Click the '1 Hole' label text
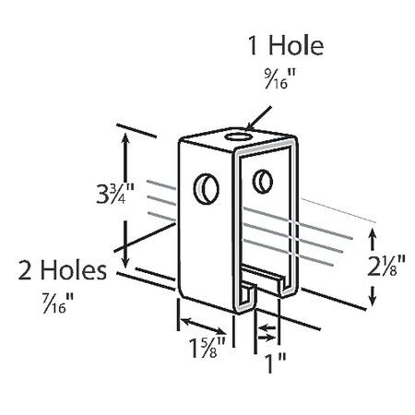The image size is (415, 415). pyautogui.click(x=286, y=46)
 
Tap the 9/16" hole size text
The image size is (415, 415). pyautogui.click(x=280, y=78)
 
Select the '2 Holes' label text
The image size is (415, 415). pyautogui.click(x=63, y=270)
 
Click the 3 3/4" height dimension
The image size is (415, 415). pyautogui.click(x=115, y=194)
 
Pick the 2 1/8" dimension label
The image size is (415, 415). pyautogui.click(x=386, y=266)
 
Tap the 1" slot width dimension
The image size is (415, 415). pyautogui.click(x=275, y=362)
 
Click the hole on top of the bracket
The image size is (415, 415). pyautogui.click(x=239, y=136)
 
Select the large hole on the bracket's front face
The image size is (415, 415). pyautogui.click(x=207, y=189)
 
